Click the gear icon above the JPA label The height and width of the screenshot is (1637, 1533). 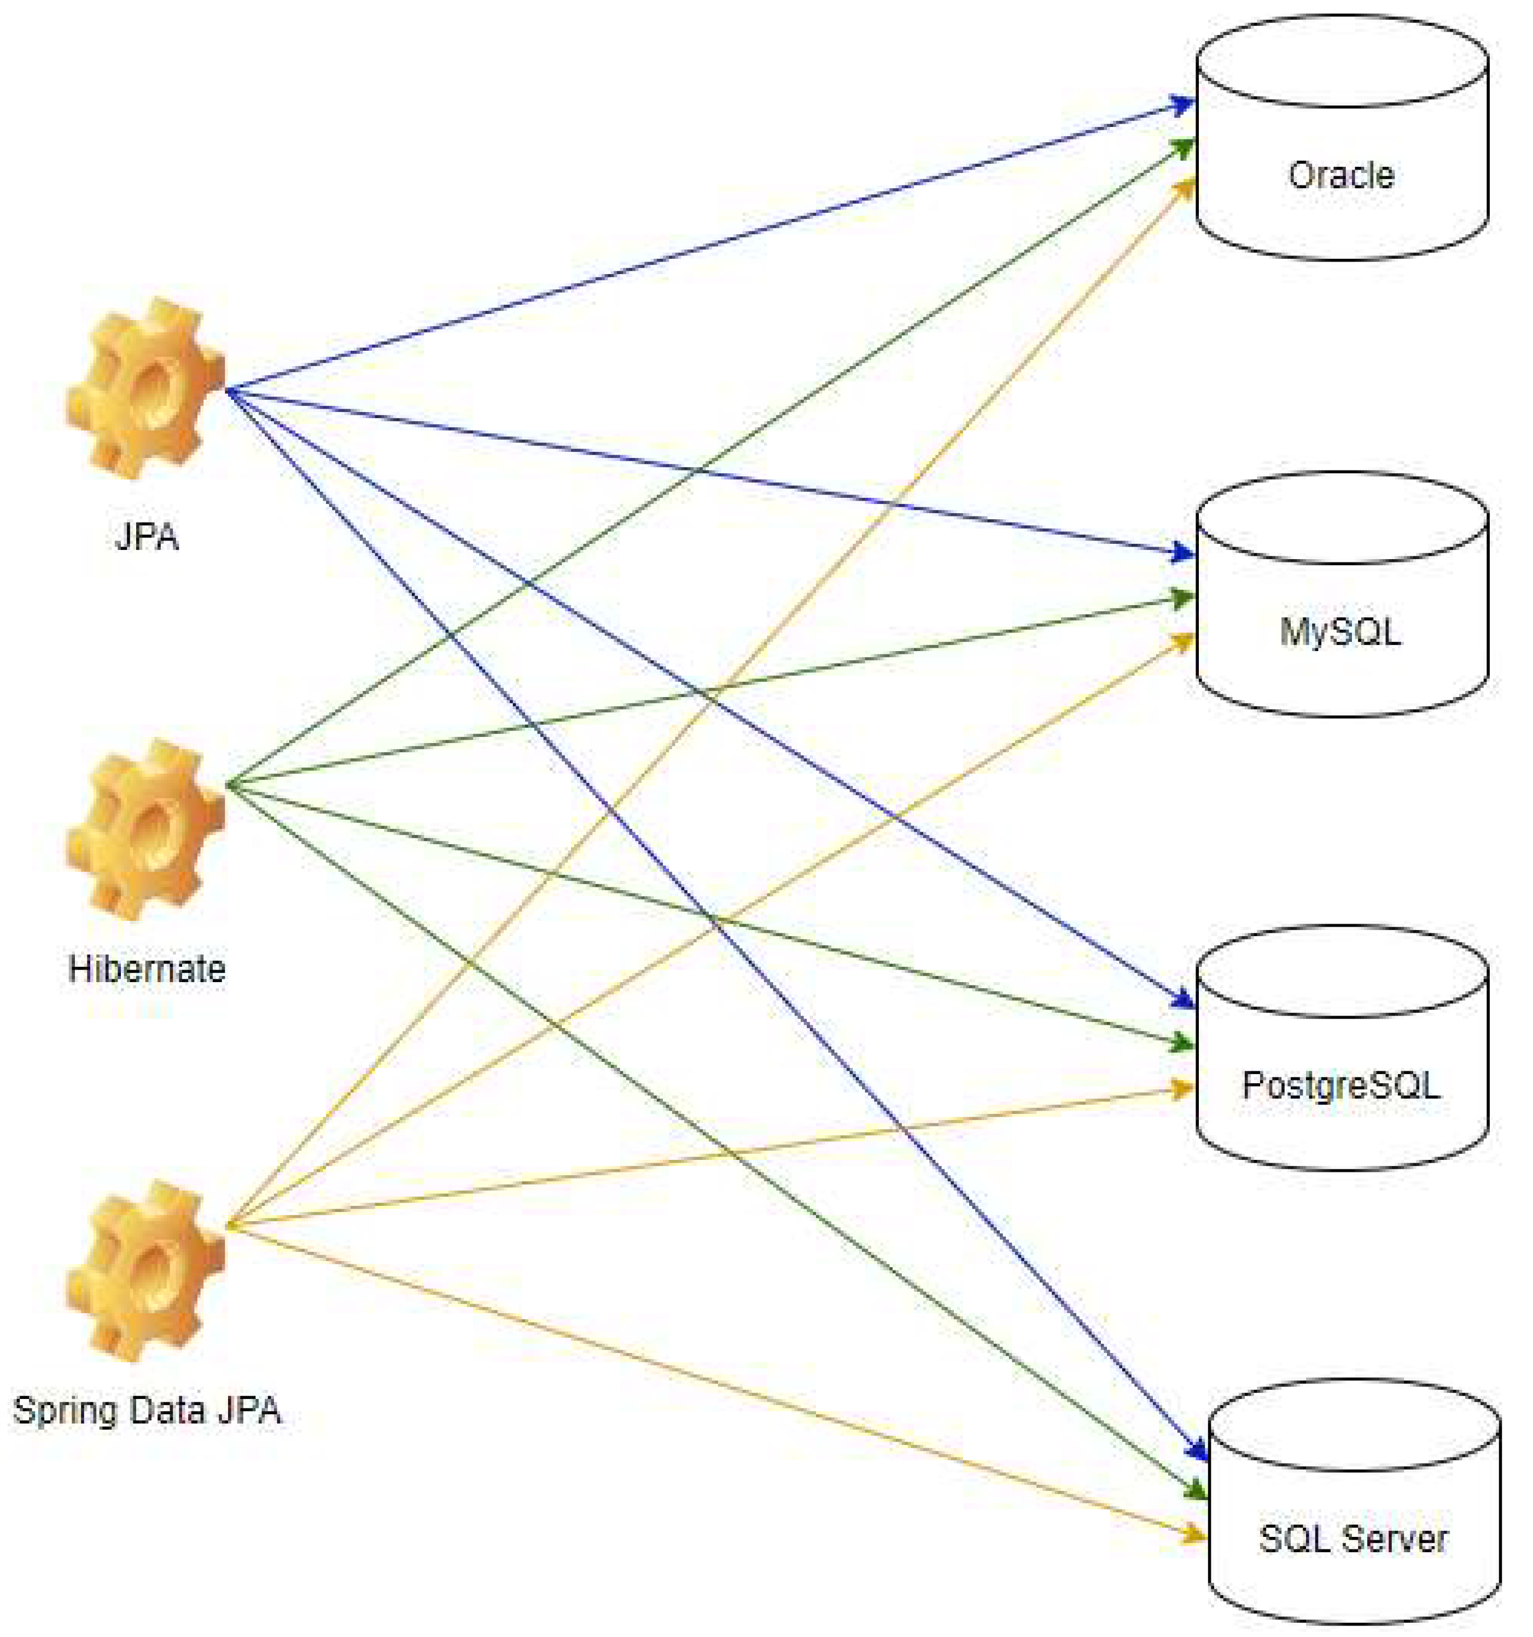(x=145, y=388)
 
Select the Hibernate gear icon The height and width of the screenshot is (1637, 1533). (x=145, y=829)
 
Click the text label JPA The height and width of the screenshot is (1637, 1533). (x=147, y=537)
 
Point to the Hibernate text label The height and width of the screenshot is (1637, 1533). (x=147, y=969)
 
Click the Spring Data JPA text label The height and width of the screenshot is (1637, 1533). (x=147, y=1410)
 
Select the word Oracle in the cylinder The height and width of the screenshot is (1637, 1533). (x=1340, y=176)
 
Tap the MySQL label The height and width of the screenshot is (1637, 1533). (x=1340, y=631)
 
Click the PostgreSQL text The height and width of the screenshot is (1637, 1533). (x=1340, y=1085)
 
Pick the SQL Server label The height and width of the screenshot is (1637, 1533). (x=1353, y=1538)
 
